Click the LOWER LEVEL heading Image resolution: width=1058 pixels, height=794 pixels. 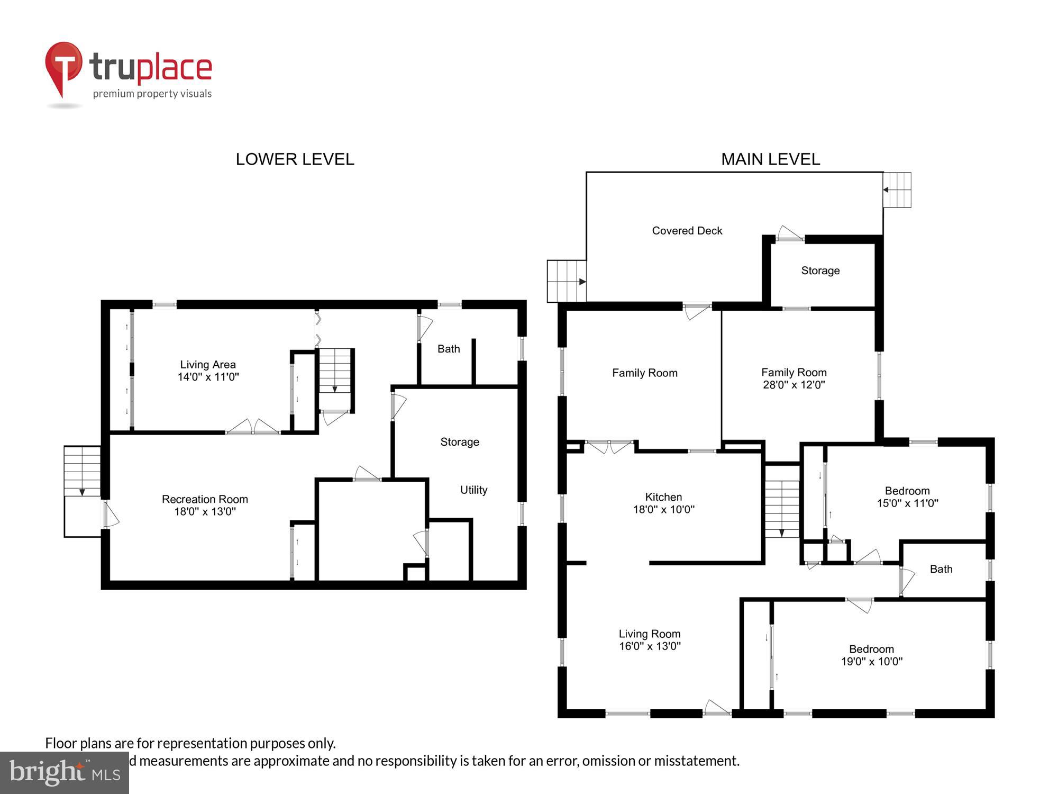click(x=295, y=159)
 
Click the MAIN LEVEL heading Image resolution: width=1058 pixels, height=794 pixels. click(x=770, y=159)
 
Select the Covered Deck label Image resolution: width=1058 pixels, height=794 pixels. click(x=687, y=231)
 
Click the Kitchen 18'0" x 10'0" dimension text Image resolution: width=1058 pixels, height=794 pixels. click(x=663, y=510)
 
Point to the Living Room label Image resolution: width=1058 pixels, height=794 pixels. click(x=649, y=634)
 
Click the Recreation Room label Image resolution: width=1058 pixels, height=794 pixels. click(x=205, y=499)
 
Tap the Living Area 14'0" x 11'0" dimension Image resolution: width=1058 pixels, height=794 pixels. click(x=208, y=377)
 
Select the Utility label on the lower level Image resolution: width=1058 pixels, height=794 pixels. click(x=473, y=490)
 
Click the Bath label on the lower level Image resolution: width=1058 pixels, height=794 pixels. click(x=449, y=349)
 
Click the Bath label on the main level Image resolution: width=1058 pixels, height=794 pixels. click(x=941, y=569)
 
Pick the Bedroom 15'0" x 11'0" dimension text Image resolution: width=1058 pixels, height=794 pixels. click(x=907, y=503)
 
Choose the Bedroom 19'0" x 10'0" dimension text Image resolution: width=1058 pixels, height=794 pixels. click(x=871, y=662)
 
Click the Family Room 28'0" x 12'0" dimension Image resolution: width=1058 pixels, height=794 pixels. click(x=793, y=385)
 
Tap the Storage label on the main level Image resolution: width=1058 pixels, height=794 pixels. click(x=820, y=270)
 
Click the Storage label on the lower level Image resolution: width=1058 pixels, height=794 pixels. click(x=460, y=442)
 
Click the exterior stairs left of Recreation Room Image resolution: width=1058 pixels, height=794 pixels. click(x=83, y=471)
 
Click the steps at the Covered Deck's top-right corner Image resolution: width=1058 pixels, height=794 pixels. click(x=897, y=190)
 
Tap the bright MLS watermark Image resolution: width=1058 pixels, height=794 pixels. click(x=65, y=773)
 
